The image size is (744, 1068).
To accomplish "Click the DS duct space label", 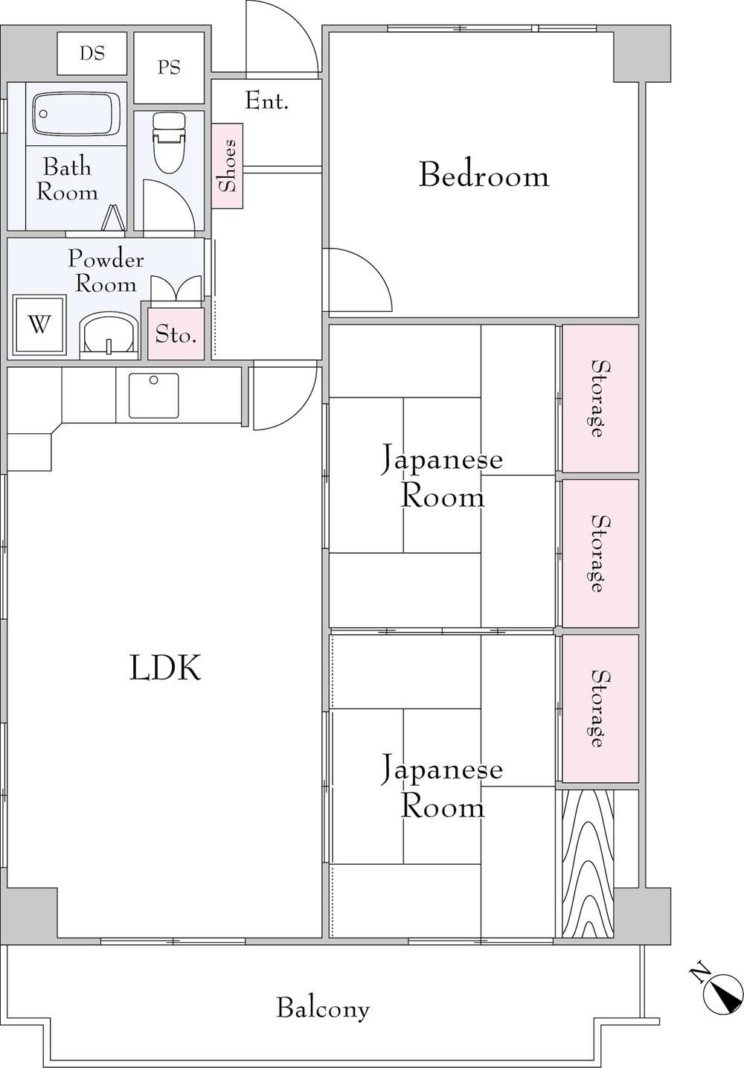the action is pos(92,54).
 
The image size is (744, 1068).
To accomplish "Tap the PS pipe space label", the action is pos(169,68).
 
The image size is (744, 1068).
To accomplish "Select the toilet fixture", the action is pos(169,143).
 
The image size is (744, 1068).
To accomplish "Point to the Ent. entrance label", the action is pos(266,101).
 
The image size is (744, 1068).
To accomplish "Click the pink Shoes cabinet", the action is pos(228,166).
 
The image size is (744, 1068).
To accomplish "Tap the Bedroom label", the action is pos(484,176).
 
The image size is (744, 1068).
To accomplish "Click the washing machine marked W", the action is pos(39,325).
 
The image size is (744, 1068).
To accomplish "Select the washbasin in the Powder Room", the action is pos(109,335).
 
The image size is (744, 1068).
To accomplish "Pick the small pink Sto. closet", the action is pos(176,333).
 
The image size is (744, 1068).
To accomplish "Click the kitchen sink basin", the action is pos(153,396).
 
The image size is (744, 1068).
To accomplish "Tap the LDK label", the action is pos(165,668).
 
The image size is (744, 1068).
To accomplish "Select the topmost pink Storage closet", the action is pos(600,399).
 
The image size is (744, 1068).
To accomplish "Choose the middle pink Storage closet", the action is pos(600,554).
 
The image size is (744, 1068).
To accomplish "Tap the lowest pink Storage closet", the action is pos(600,709).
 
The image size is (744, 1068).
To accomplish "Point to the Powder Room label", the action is pos(106,272).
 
